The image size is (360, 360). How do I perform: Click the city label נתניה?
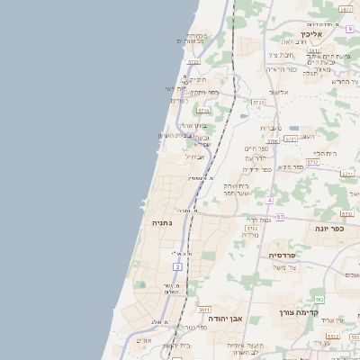coord(161,222)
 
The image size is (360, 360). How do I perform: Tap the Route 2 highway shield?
coord(178,267)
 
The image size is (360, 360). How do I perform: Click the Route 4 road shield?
coord(269,199)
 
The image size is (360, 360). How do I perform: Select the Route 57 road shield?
coord(280,217)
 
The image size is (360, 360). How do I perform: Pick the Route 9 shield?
coord(349,30)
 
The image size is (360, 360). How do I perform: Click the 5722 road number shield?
coord(193,62)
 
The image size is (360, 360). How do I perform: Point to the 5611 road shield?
coord(204,309)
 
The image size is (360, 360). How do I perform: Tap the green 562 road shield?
coord(319,299)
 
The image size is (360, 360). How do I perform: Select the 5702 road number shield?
coord(252,229)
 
